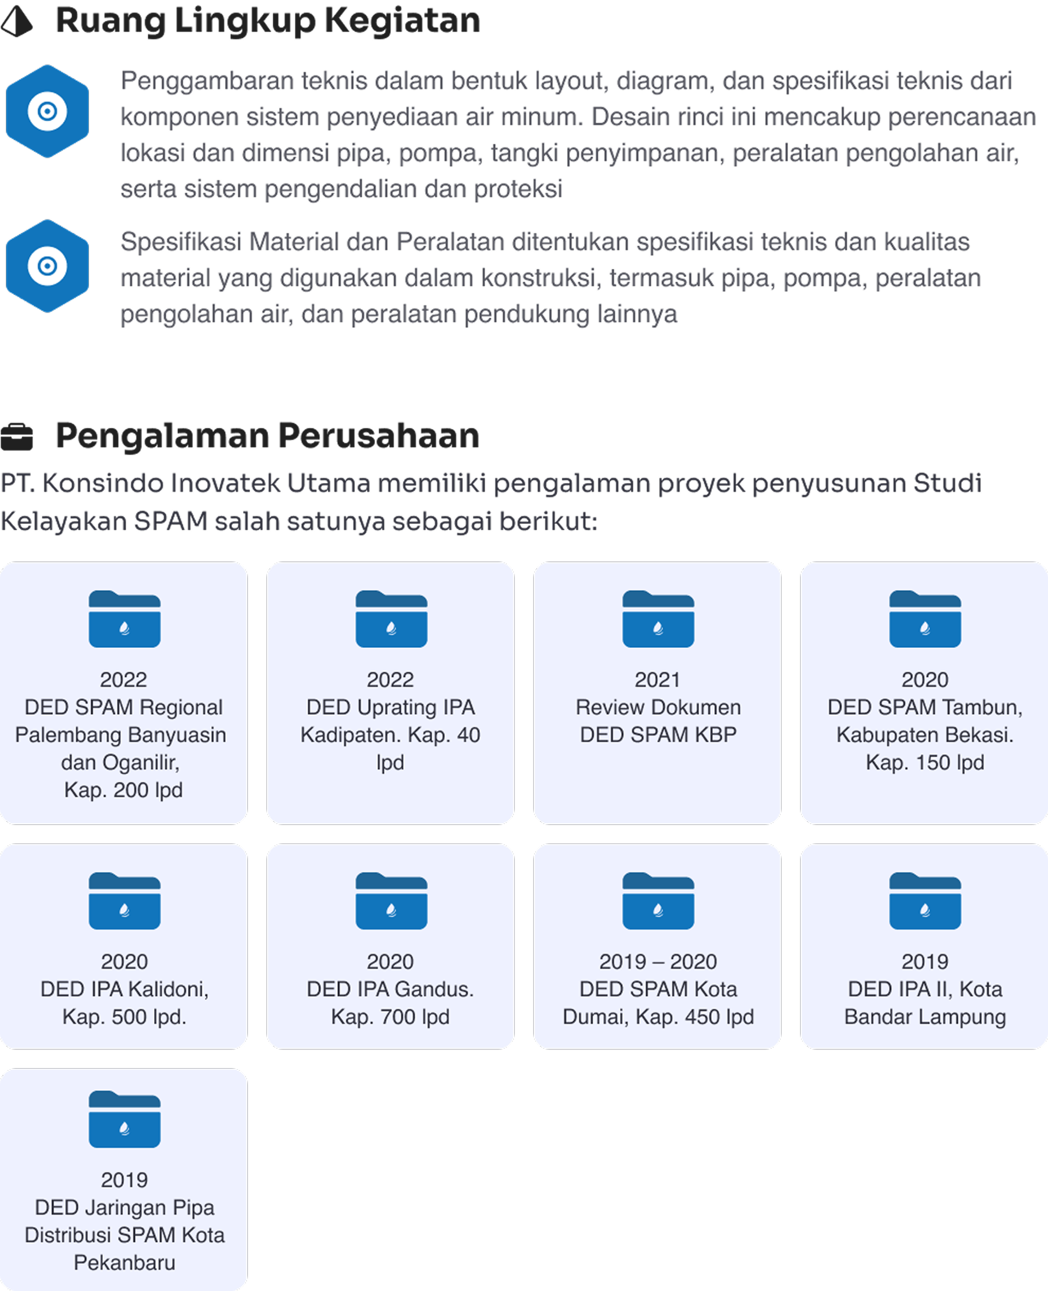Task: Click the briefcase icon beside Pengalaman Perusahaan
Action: coord(17,437)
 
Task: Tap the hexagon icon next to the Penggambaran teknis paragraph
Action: coord(47,111)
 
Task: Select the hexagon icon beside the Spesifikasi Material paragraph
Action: coord(47,266)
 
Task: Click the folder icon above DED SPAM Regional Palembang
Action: coord(124,619)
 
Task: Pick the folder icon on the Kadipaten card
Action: coord(391,619)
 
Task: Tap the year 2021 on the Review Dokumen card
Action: coord(657,680)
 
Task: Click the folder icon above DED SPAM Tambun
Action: coord(925,619)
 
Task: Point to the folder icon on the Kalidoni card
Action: coord(124,901)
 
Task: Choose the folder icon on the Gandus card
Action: coord(391,901)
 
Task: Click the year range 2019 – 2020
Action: coord(658,962)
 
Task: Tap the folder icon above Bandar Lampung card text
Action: coord(925,901)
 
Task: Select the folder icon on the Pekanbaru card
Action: coord(124,1119)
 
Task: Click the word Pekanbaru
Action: coord(124,1262)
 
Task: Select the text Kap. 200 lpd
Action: coord(124,790)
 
